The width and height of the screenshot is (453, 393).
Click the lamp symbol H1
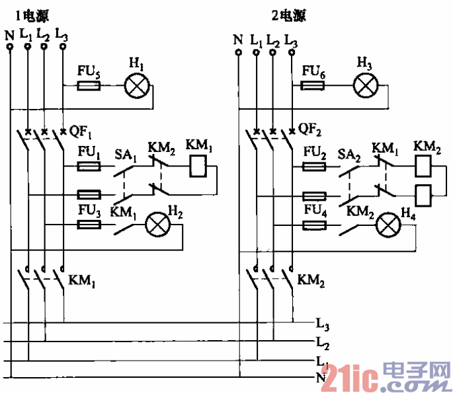[136, 86]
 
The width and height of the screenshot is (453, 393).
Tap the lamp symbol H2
[157, 225]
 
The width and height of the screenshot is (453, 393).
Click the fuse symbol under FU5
[89, 86]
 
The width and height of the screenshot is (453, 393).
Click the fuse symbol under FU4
[315, 225]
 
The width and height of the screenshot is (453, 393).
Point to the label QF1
[81, 130]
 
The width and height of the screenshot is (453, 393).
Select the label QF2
[309, 129]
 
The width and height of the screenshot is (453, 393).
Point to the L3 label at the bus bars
[323, 325]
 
